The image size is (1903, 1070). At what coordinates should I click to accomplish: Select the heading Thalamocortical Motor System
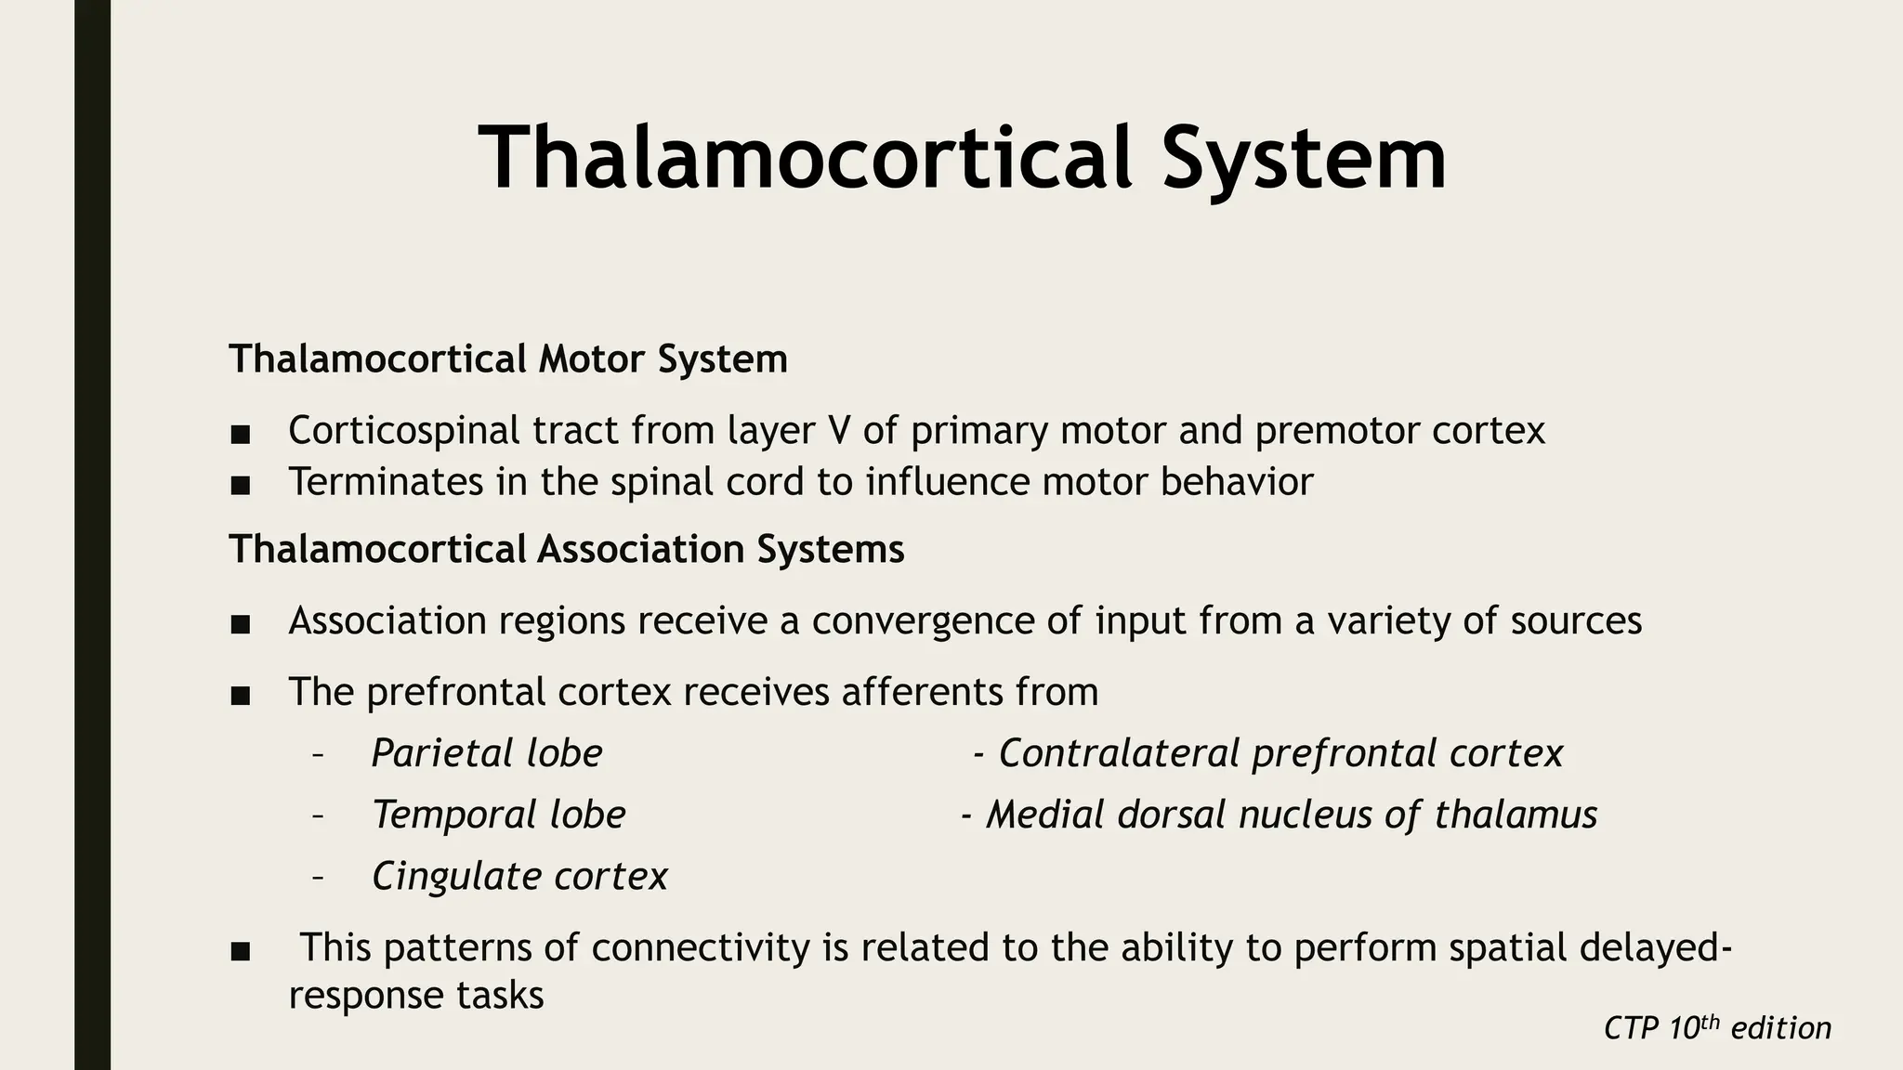(507, 359)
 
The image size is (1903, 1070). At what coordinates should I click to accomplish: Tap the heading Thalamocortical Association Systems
(566, 549)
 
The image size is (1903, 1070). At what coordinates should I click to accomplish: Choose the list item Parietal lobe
(487, 753)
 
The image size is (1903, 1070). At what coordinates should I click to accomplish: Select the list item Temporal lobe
(499, 815)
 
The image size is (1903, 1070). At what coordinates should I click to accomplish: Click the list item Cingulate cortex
(519, 876)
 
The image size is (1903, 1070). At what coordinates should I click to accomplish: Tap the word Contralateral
(1119, 753)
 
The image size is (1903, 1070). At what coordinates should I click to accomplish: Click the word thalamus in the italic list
(1515, 815)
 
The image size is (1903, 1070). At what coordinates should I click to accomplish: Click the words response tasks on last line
(415, 996)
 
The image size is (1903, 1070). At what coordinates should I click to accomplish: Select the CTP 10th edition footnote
(1717, 1028)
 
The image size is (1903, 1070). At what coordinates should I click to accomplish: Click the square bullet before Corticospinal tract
(240, 434)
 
